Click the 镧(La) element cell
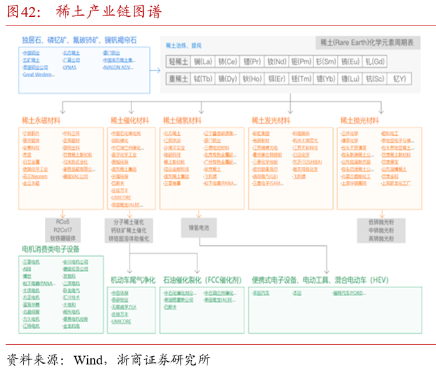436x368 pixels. click(x=203, y=62)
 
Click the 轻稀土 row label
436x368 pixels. click(x=178, y=62)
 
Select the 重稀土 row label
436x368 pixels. click(x=178, y=79)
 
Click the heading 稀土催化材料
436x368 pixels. click(x=130, y=120)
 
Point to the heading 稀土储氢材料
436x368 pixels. click(x=182, y=120)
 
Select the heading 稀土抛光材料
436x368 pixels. click(x=359, y=120)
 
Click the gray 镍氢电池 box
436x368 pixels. click(x=199, y=228)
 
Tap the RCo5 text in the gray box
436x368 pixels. click(x=62, y=221)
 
